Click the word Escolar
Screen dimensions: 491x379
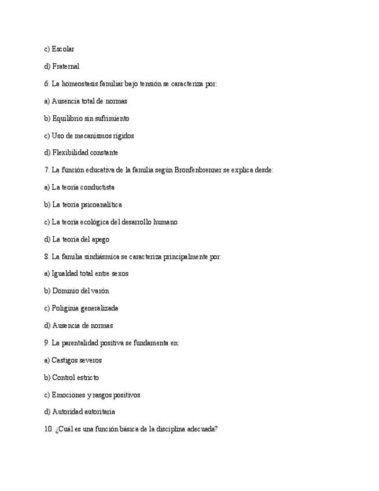tap(63, 49)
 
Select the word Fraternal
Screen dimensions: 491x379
tap(65, 67)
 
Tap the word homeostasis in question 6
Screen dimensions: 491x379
tap(79, 84)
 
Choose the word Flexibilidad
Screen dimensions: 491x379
tap(69, 153)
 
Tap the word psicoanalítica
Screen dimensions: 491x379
tap(101, 205)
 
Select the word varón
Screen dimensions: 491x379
tap(100, 291)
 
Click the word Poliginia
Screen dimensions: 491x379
tap(65, 309)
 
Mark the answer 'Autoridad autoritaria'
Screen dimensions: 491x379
tap(83, 412)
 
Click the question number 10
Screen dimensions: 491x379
tap(48, 430)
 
